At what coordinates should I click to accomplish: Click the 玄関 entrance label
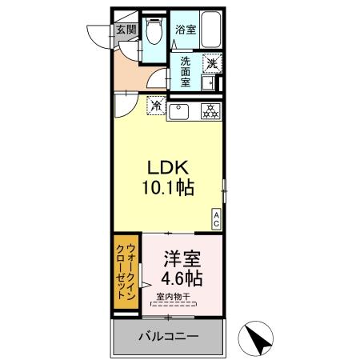click(126, 30)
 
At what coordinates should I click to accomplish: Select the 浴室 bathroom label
click(186, 30)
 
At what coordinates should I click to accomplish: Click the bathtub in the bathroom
click(210, 32)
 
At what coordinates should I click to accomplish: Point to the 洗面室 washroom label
click(186, 70)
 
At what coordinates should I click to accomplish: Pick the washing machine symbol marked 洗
click(211, 62)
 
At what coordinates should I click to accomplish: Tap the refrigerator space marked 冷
click(155, 104)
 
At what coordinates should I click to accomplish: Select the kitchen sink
click(179, 111)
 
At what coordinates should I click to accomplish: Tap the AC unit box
click(216, 218)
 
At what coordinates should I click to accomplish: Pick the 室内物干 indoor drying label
click(173, 297)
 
